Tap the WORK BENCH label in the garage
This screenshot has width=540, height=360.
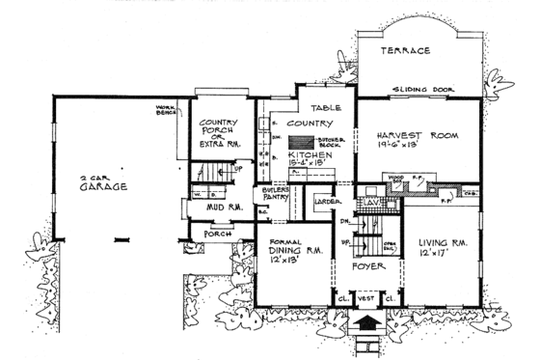[x=172, y=111]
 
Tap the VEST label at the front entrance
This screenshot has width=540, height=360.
[x=366, y=300]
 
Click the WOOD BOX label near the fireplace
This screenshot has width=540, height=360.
[x=393, y=180]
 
